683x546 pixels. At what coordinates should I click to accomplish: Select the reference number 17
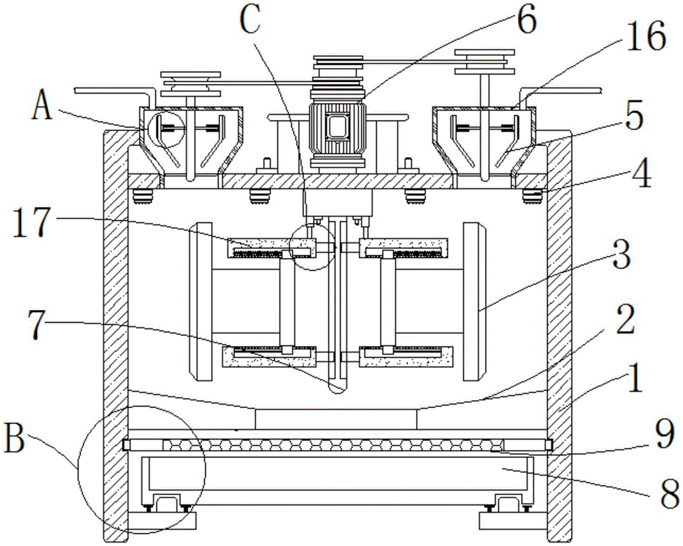tap(30, 222)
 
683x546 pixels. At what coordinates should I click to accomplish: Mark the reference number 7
tap(38, 324)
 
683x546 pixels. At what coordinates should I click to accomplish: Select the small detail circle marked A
tap(167, 129)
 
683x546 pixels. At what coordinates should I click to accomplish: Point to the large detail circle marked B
tap(141, 470)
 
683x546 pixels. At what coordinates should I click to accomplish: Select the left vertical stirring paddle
tap(201, 301)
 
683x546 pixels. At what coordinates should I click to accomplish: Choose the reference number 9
tap(665, 433)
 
